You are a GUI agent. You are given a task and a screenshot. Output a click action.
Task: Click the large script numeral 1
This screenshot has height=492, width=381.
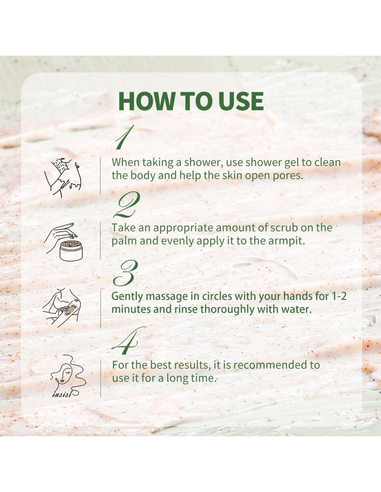point(124,137)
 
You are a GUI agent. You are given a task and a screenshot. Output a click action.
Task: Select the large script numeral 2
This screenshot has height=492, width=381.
point(127,205)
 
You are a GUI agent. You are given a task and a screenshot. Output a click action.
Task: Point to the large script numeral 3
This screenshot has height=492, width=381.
point(125,273)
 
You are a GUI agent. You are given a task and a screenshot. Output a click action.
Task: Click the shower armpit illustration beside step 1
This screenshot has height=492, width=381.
point(63,177)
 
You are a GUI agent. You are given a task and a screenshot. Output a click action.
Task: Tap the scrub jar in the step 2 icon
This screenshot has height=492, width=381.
point(71,251)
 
